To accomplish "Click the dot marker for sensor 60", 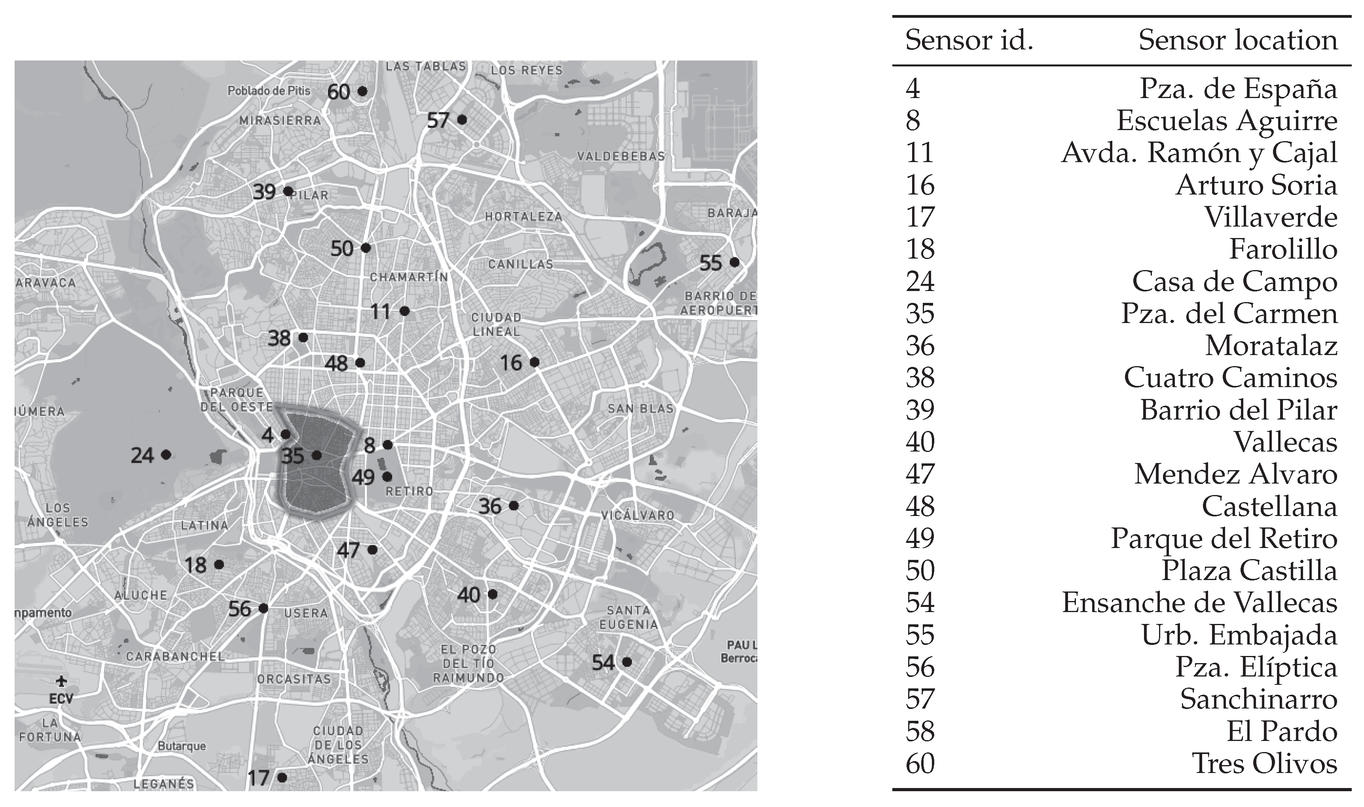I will click(362, 91).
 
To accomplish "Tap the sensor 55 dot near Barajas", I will click(734, 262).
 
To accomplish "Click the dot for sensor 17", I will click(282, 778).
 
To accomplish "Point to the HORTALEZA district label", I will click(524, 216).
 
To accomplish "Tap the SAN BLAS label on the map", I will click(640, 408).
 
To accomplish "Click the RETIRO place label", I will click(409, 491).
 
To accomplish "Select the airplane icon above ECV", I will click(61, 681).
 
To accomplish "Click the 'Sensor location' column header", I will click(1238, 40).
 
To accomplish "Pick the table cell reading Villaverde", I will click(1271, 217).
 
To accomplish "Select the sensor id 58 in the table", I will click(920, 731).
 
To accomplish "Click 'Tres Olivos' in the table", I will click(1264, 764).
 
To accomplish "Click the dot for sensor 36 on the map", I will click(514, 506).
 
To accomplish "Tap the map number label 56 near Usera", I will click(239, 609).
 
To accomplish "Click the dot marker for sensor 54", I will click(627, 662).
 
